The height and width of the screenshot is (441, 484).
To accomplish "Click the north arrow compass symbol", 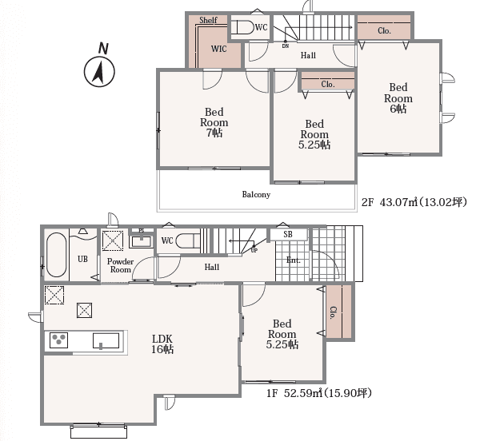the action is click(x=99, y=71).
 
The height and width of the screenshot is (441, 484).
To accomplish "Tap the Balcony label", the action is click(x=256, y=195).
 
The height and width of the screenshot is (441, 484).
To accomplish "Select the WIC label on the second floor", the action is click(x=219, y=49).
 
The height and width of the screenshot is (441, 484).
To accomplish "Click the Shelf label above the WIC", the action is click(x=208, y=20).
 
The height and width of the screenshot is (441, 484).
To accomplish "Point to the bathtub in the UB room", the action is click(x=56, y=255).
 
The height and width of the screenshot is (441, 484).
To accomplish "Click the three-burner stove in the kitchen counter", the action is click(x=58, y=340).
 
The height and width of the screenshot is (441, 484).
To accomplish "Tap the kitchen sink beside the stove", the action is click(x=106, y=341).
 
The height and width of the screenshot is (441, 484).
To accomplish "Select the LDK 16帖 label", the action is click(x=162, y=344).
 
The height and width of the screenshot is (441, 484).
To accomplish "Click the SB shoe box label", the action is click(x=288, y=235).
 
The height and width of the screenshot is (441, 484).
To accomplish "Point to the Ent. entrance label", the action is click(x=294, y=260).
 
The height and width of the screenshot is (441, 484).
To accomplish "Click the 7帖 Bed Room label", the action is click(x=214, y=122).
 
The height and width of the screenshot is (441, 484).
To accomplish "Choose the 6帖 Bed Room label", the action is click(x=398, y=98).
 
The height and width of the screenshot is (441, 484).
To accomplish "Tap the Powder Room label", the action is click(x=120, y=266).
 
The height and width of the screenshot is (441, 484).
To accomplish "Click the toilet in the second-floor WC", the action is click(x=243, y=27).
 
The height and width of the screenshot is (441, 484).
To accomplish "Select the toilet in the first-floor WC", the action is click(x=188, y=240).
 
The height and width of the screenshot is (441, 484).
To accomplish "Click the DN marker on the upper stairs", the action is click(x=286, y=46).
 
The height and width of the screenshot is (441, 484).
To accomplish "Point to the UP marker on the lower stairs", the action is click(x=254, y=251).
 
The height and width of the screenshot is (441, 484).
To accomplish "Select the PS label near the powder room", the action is click(x=142, y=231).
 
